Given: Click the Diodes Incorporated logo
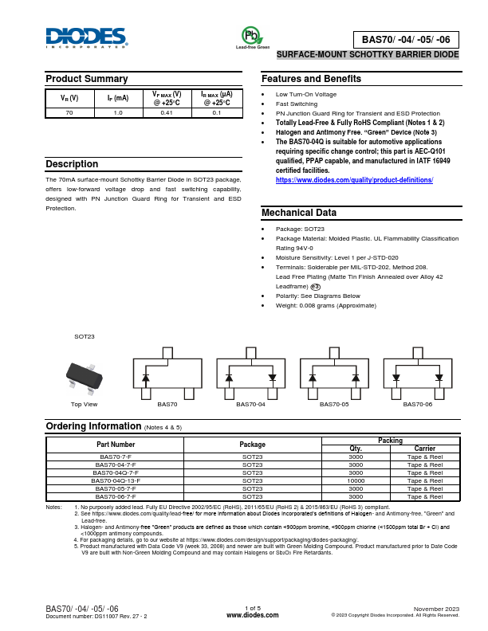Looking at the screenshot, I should [85, 37].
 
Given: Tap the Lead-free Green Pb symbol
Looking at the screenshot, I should [251, 36].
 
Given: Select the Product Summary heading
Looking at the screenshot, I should [86, 79].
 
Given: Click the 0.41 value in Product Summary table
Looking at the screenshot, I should [167, 113].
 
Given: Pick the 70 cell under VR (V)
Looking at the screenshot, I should [69, 113].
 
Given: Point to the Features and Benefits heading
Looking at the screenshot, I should [311, 79].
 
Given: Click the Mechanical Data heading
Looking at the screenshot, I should [299, 213].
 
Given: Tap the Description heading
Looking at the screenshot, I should [72, 164].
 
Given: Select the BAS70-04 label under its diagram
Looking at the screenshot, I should [250, 405].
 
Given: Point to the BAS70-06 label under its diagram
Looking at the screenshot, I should [418, 405].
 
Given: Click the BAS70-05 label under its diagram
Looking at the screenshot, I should [334, 405].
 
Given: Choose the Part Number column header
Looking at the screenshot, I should [116, 444].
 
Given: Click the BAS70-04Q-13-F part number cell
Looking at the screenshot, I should [116, 480].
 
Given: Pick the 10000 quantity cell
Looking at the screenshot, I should [356, 480].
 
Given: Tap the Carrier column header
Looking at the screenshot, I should [425, 449].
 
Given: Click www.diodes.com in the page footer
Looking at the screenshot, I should [252, 616].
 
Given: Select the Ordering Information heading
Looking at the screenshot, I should [94, 426].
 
